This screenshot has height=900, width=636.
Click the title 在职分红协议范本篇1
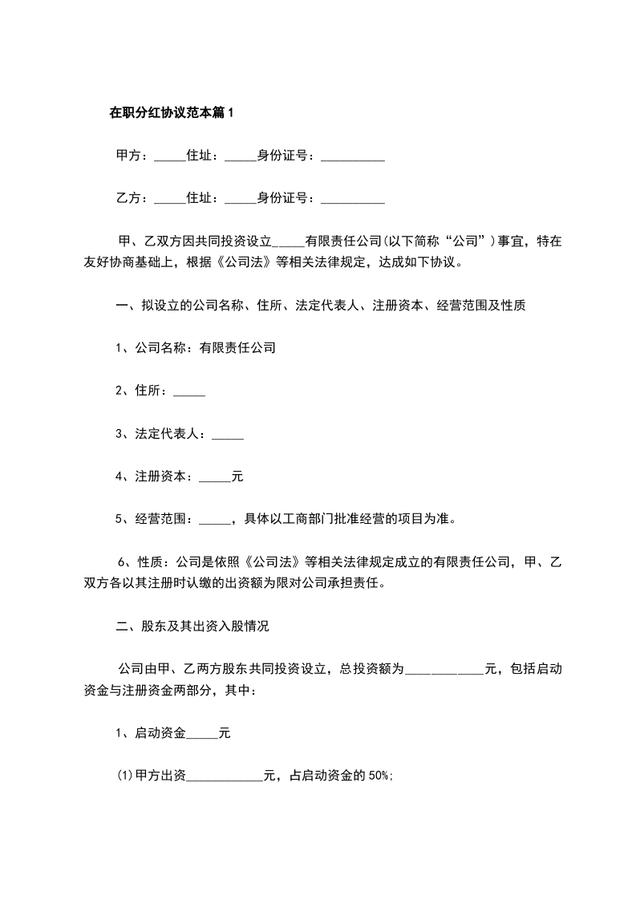(x=170, y=113)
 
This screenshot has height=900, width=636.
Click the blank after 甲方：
(x=168, y=157)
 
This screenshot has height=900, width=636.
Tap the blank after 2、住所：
(x=189, y=393)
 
